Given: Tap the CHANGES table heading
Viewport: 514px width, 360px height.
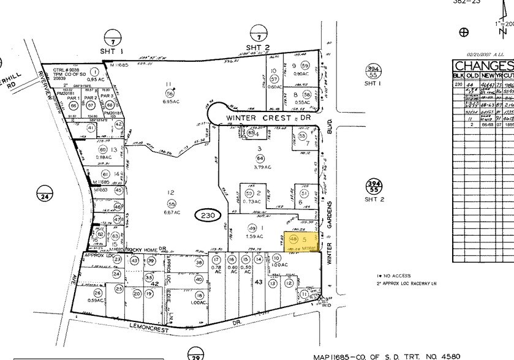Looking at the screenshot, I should [483, 66].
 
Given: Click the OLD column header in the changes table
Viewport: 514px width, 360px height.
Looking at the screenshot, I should [472, 75].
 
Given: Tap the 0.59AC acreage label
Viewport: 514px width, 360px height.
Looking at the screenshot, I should [95, 300].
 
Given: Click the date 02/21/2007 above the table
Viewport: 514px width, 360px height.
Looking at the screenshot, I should [476, 53].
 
